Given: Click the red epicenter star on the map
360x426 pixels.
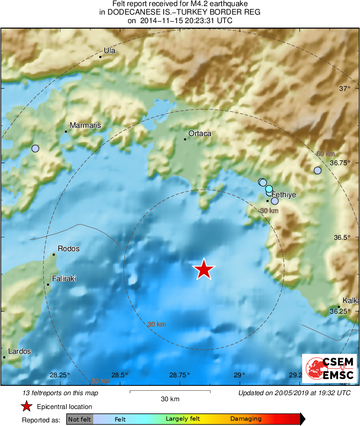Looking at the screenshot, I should (x=204, y=269).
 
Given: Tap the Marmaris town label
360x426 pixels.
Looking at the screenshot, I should (x=85, y=126).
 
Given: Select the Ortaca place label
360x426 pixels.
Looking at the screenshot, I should (x=200, y=133).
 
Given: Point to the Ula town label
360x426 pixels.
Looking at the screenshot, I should (x=109, y=51).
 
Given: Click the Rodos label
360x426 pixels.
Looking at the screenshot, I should (x=69, y=249).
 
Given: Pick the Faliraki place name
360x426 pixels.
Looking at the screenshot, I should (x=64, y=279).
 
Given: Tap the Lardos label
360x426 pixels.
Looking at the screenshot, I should (x=20, y=351).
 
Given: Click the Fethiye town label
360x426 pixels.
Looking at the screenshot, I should (x=283, y=195).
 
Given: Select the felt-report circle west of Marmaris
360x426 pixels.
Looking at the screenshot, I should (x=35, y=148).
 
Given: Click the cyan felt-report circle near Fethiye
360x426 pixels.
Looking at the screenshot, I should (x=269, y=189).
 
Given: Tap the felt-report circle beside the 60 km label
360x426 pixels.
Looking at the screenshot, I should (x=317, y=170).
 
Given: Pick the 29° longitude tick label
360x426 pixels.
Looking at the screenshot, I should (x=239, y=375).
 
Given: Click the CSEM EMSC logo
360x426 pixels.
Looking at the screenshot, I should (x=330, y=368).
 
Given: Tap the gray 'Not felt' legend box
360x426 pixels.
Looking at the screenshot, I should (x=80, y=419).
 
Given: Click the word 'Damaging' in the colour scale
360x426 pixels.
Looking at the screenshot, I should (x=246, y=419).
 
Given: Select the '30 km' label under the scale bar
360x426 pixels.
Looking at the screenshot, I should (x=170, y=399).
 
